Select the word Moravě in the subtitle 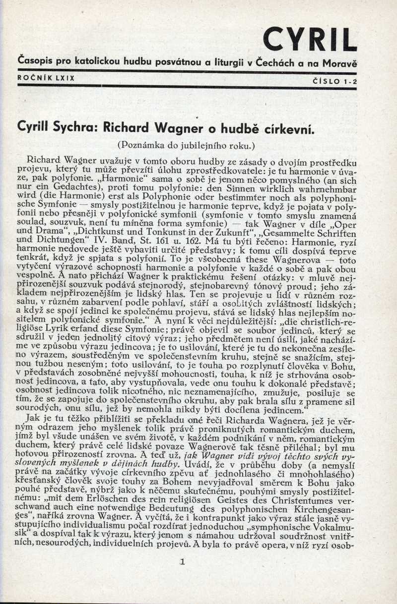coord(340,64)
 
